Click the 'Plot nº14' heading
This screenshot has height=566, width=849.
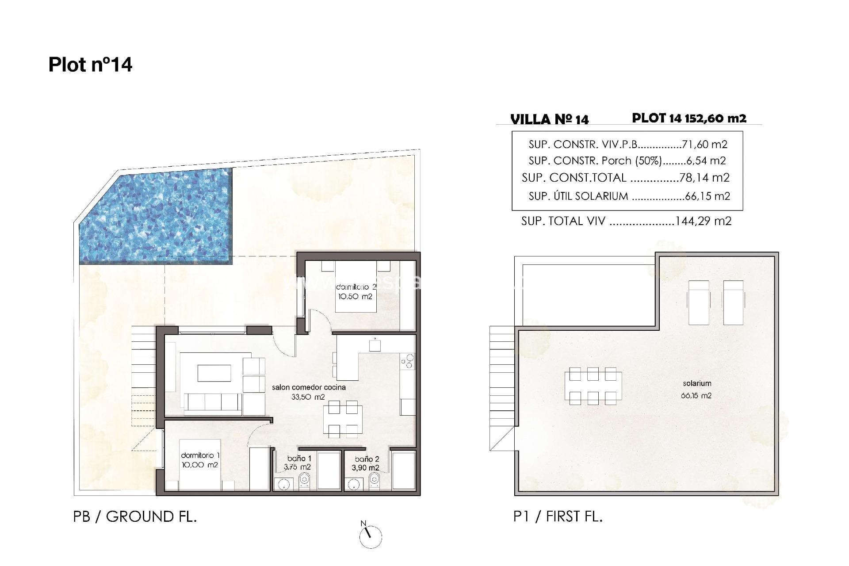point(90,65)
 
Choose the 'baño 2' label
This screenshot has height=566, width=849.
point(367,459)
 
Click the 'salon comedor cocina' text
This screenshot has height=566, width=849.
point(309,387)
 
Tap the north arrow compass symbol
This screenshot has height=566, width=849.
point(371,536)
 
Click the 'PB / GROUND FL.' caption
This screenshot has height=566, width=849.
point(135,516)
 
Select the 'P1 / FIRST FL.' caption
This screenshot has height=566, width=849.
point(558,516)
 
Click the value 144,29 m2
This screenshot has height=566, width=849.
point(703,221)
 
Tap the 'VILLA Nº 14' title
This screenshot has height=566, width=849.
point(550,119)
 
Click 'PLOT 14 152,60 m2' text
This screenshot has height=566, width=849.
point(689,119)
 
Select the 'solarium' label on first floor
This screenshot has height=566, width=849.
point(697,383)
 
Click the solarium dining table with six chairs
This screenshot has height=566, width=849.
point(593,386)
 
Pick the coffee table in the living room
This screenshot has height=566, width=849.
point(214,373)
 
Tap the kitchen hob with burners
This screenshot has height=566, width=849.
point(408,361)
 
